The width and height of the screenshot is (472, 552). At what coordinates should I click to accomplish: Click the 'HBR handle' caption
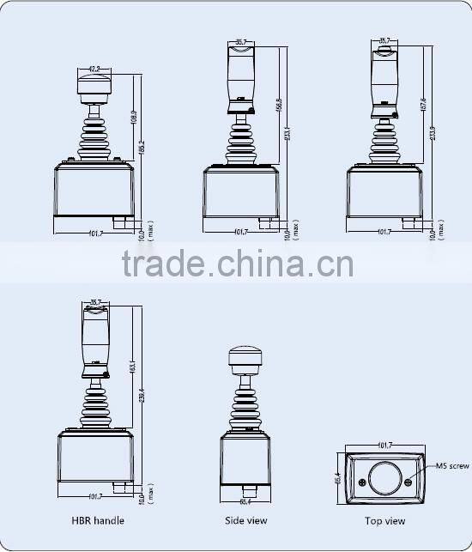98,520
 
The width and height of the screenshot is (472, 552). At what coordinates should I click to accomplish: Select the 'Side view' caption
245,520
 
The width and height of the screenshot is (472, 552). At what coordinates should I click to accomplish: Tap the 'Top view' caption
384,520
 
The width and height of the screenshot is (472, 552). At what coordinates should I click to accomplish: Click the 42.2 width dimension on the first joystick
94,67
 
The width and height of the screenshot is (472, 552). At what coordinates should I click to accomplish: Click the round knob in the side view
245,359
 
